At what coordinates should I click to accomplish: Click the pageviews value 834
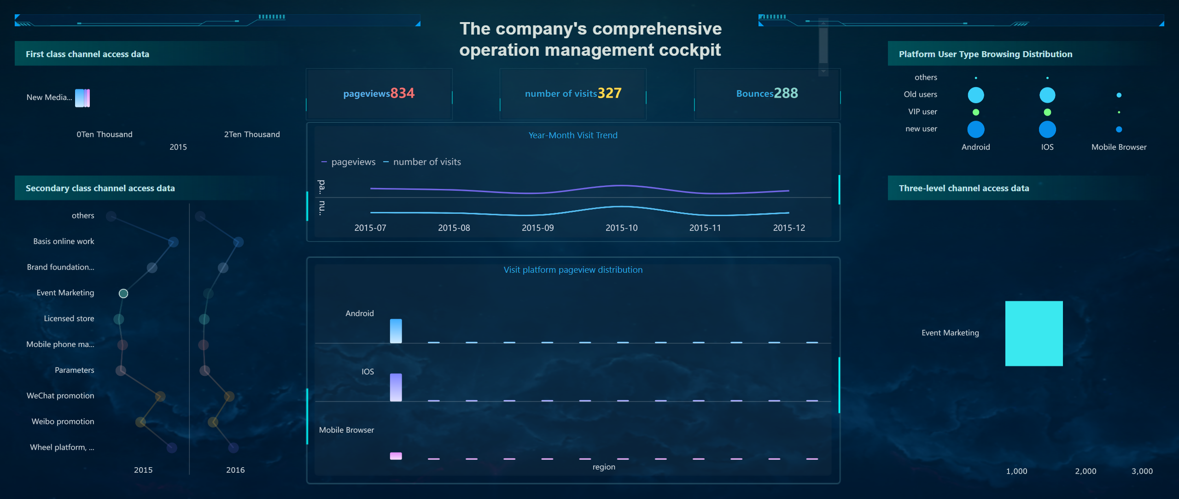(x=402, y=93)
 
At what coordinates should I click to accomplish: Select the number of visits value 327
(x=609, y=93)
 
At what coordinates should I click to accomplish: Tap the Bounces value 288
(x=786, y=93)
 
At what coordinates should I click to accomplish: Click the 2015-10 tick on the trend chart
(x=621, y=228)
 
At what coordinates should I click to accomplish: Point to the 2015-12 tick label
(x=788, y=228)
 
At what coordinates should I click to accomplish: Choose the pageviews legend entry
(x=349, y=162)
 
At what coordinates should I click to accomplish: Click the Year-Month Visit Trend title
(x=573, y=135)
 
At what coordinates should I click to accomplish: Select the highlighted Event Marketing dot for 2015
(x=123, y=294)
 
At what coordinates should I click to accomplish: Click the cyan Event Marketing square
(x=1033, y=333)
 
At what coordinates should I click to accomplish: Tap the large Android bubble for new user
(x=975, y=129)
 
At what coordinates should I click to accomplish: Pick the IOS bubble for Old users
(x=1047, y=95)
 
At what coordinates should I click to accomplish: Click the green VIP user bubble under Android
(x=975, y=112)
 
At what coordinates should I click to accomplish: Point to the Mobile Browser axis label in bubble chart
(x=1119, y=147)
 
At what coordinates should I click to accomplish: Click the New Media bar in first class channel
(x=82, y=98)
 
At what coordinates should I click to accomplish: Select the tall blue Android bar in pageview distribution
(x=396, y=331)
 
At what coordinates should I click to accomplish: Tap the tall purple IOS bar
(x=396, y=387)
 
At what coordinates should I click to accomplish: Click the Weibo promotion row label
(x=63, y=422)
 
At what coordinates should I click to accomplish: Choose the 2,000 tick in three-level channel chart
(x=1086, y=471)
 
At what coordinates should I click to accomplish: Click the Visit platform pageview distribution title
(x=573, y=270)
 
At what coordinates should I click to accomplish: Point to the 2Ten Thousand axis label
(x=252, y=134)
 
